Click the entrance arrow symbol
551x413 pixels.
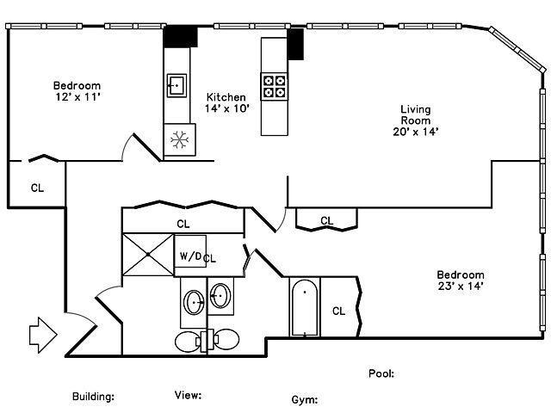click(43, 335)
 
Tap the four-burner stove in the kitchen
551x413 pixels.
click(274, 86)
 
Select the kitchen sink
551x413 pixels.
click(176, 85)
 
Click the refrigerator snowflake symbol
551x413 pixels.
click(180, 139)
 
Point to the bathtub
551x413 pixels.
click(305, 307)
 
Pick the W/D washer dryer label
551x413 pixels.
click(190, 256)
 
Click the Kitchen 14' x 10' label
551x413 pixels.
click(226, 102)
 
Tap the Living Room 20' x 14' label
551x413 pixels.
click(416, 120)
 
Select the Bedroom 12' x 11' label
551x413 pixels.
click(77, 91)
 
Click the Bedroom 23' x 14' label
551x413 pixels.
click(461, 280)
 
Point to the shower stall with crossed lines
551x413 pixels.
click(148, 255)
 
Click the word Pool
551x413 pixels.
click(381, 373)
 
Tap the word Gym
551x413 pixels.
click(305, 399)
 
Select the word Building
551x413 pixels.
click(93, 397)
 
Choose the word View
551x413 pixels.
click(188, 395)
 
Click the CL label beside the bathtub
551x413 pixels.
click(338, 311)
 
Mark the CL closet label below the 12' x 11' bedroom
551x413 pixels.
click(37, 188)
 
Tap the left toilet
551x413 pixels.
click(188, 342)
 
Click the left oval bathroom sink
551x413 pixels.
click(194, 302)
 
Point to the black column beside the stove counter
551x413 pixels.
click(295, 44)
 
